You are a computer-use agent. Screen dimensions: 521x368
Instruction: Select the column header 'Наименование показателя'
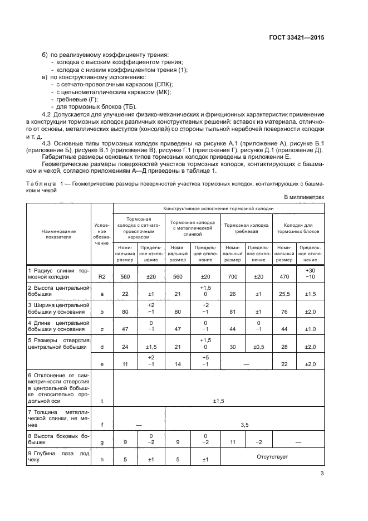59,233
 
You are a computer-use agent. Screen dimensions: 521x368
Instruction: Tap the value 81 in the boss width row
233,313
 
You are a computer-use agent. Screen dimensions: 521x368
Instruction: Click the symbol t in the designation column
102,400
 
